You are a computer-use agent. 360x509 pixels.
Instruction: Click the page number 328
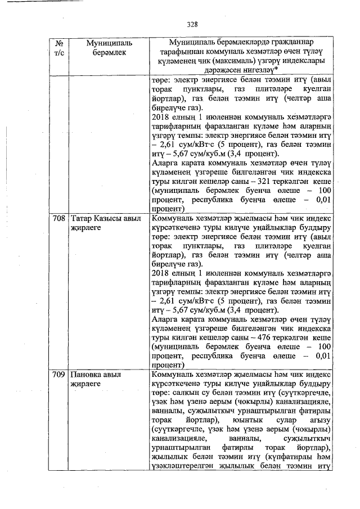click(x=193, y=24)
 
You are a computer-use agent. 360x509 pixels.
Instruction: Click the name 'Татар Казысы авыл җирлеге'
click(x=105, y=222)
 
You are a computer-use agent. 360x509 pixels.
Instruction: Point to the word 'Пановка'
click(x=85, y=374)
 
